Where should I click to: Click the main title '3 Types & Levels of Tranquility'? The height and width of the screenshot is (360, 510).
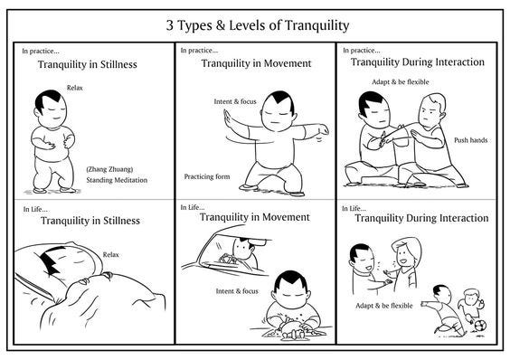pyautogui.click(x=258, y=25)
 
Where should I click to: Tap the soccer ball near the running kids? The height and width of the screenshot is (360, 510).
pyautogui.click(x=480, y=325)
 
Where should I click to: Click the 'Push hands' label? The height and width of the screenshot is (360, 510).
pyautogui.click(x=470, y=140)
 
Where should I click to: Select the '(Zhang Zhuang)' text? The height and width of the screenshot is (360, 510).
pyautogui.click(x=109, y=169)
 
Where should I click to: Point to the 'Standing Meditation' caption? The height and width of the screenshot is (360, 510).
pyautogui.click(x=117, y=180)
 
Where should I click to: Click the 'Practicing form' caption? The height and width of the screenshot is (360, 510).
pyautogui.click(x=207, y=176)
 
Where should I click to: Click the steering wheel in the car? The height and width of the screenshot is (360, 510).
pyautogui.click(x=230, y=260)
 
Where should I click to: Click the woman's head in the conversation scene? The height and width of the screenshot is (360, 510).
pyautogui.click(x=406, y=252)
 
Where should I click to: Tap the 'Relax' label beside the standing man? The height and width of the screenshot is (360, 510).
pyautogui.click(x=75, y=88)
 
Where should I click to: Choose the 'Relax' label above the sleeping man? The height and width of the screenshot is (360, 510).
pyautogui.click(x=110, y=254)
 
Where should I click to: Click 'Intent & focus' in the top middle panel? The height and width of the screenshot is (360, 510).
pyautogui.click(x=235, y=101)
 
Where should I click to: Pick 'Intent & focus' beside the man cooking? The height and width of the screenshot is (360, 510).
pyautogui.click(x=237, y=291)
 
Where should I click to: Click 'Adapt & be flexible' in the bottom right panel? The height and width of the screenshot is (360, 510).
pyautogui.click(x=383, y=306)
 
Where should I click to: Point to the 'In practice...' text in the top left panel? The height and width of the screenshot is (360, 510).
pyautogui.click(x=41, y=51)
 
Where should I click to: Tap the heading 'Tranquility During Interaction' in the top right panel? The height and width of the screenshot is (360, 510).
pyautogui.click(x=417, y=62)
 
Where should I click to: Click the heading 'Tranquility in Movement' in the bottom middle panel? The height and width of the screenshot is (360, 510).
pyautogui.click(x=255, y=217)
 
